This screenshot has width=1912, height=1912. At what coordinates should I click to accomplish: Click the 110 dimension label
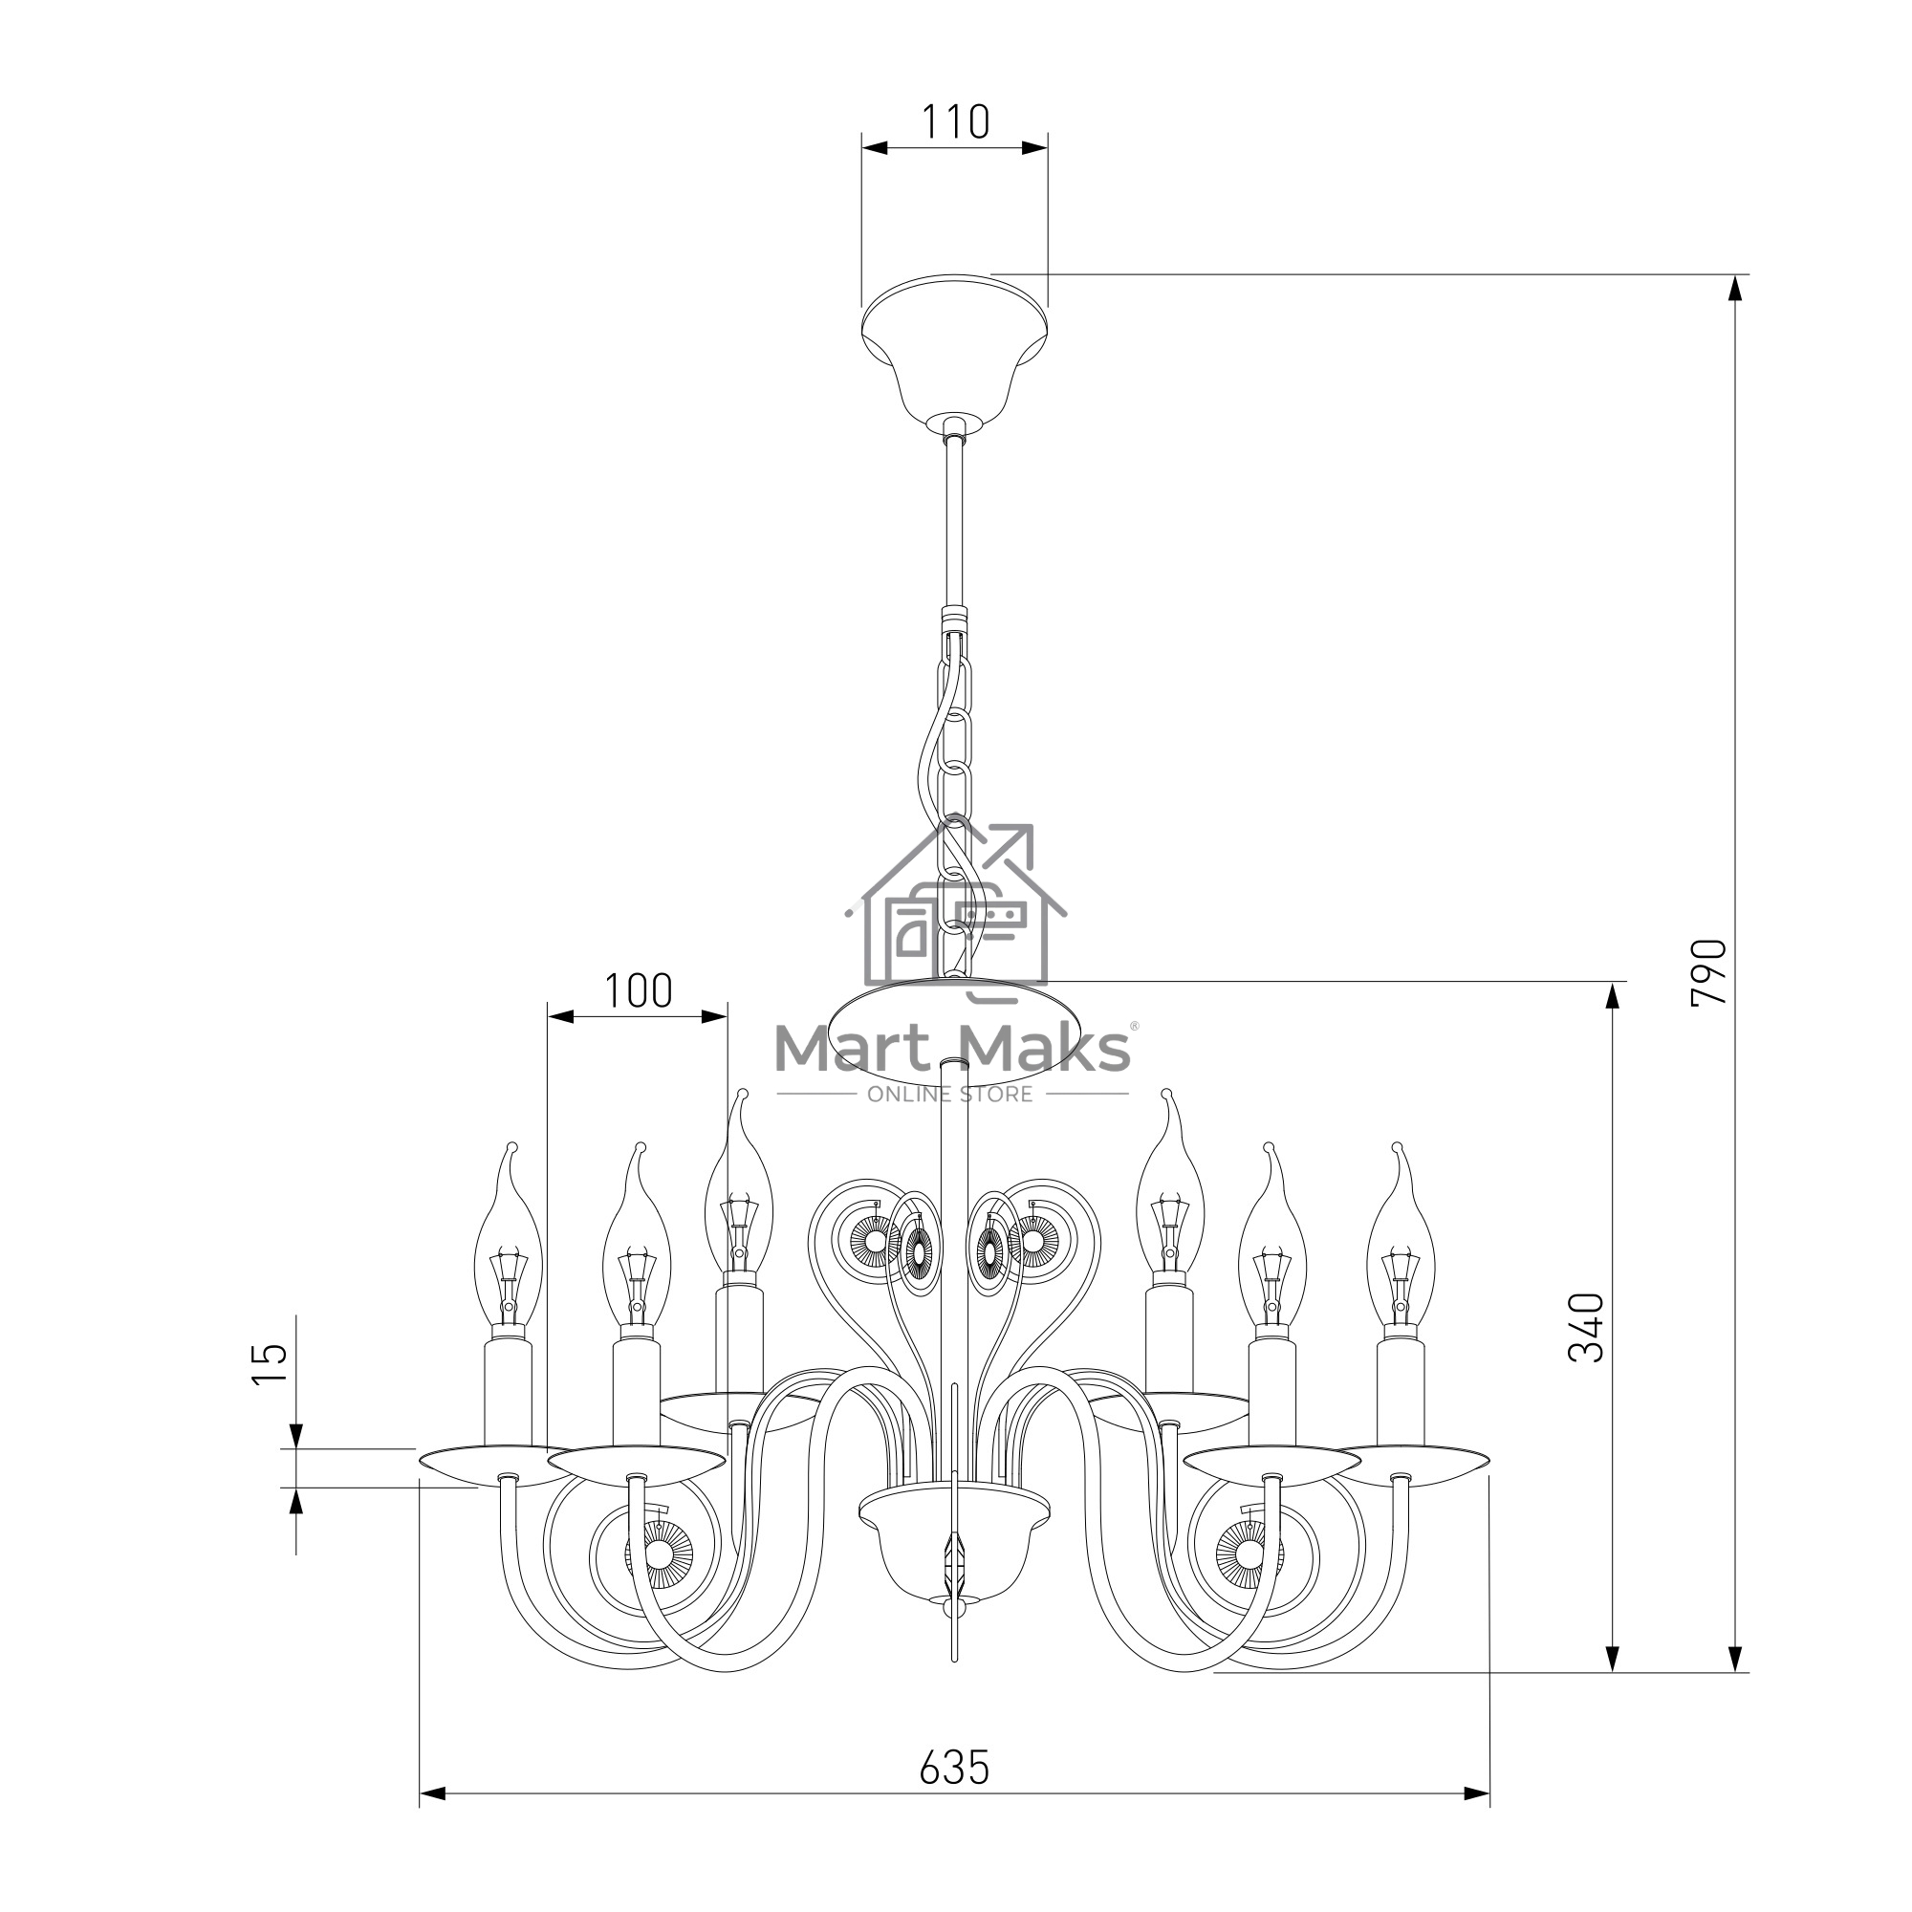955,121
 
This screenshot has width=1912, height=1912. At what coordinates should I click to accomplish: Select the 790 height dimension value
1709,973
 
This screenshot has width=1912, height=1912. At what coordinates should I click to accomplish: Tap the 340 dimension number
1587,1327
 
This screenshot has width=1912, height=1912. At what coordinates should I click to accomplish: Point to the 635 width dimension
954,1768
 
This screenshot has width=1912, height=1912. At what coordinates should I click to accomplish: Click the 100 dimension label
639,990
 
